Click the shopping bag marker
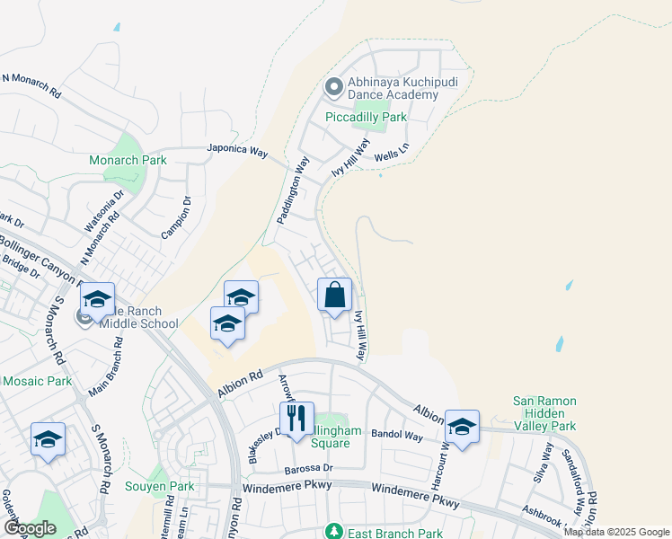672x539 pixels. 334,296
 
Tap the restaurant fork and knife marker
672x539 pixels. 296,419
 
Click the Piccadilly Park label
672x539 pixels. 366,118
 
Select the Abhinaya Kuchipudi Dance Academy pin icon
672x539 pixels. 333,88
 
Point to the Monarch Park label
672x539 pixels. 128,161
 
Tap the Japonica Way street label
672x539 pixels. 237,150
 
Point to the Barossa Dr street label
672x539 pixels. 309,468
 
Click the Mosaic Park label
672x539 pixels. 36,381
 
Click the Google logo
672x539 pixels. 30,528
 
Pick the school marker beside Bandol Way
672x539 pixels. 462,428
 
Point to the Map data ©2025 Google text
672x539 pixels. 616,532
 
